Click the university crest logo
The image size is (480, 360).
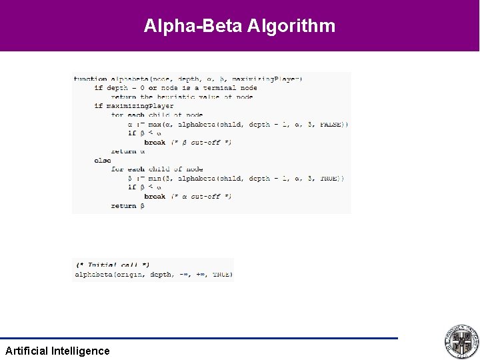coord(461,342)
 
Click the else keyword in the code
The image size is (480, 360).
coord(103,160)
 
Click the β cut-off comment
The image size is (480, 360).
coord(201,142)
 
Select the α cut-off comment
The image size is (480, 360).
coord(201,196)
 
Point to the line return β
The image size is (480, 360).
coord(128,205)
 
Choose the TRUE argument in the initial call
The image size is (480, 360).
coord(222,274)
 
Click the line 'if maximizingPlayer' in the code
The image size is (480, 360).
coord(134,106)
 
